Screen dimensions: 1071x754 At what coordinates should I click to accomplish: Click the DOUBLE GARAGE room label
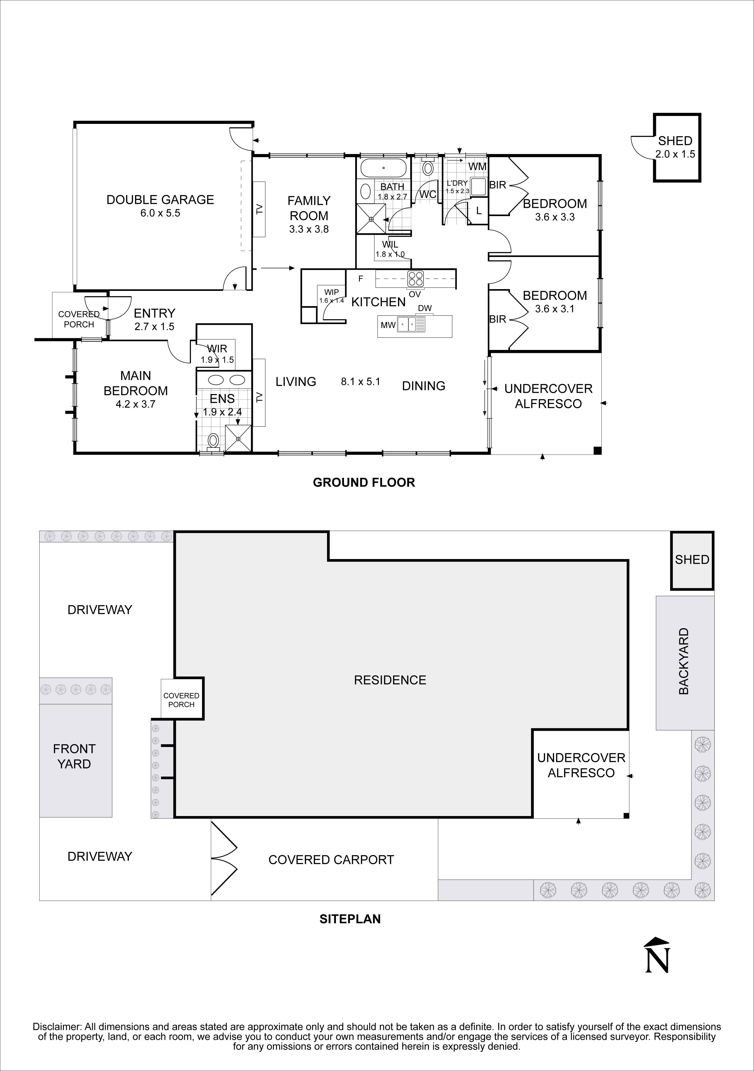pyautogui.click(x=160, y=200)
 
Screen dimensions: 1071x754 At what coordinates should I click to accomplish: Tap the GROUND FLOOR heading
pyautogui.click(x=363, y=482)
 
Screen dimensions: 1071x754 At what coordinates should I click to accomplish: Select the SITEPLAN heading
pyautogui.click(x=350, y=919)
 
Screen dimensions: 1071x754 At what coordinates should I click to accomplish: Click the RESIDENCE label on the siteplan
pyautogui.click(x=390, y=680)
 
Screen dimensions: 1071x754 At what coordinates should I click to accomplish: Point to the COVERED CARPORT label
pyautogui.click(x=331, y=860)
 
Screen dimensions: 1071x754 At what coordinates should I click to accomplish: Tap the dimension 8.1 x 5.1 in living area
pyautogui.click(x=360, y=382)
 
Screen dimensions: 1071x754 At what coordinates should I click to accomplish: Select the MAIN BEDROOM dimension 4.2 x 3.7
pyautogui.click(x=135, y=404)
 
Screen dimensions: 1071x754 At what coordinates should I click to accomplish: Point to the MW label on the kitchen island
pyautogui.click(x=388, y=325)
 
